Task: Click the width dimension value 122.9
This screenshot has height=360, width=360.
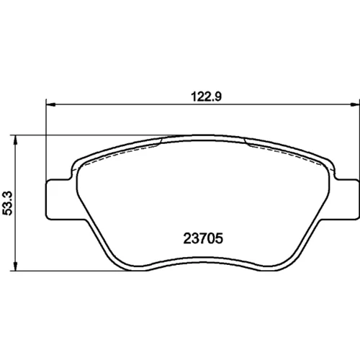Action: point(206,96)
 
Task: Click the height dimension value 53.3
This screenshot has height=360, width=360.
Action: point(7,203)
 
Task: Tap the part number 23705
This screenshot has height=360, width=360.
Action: point(203,238)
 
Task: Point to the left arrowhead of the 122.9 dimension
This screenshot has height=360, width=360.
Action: point(50,104)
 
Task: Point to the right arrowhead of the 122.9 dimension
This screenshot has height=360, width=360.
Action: point(355,104)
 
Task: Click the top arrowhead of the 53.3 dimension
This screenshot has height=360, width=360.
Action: point(15,140)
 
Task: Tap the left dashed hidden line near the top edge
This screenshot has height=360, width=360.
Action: point(120,153)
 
